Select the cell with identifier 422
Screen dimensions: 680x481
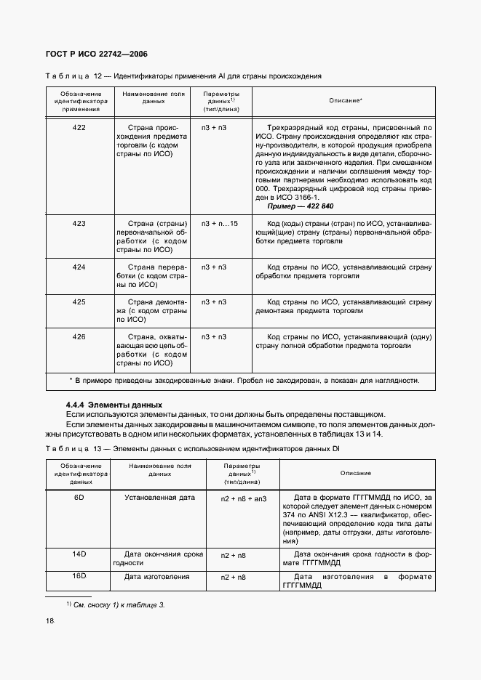(x=79, y=127)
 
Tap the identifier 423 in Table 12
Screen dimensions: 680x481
(x=79, y=224)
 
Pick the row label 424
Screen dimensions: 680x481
(x=79, y=267)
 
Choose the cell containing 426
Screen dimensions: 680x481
(x=79, y=336)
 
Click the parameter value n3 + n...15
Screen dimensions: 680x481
(x=219, y=224)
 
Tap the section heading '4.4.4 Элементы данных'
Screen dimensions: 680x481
(x=114, y=404)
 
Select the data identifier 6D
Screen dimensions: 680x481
(x=79, y=498)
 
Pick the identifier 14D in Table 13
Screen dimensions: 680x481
(x=79, y=554)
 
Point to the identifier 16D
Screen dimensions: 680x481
(x=79, y=576)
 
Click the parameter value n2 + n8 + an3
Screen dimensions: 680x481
(x=244, y=499)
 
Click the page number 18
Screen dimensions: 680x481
(x=49, y=620)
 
